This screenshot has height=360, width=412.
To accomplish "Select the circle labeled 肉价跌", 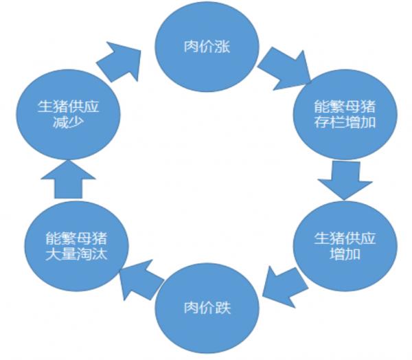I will (x=207, y=306).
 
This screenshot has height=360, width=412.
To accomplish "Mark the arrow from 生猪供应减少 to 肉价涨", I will (x=122, y=60).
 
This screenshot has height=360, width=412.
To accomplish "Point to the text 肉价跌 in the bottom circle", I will (x=207, y=306).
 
